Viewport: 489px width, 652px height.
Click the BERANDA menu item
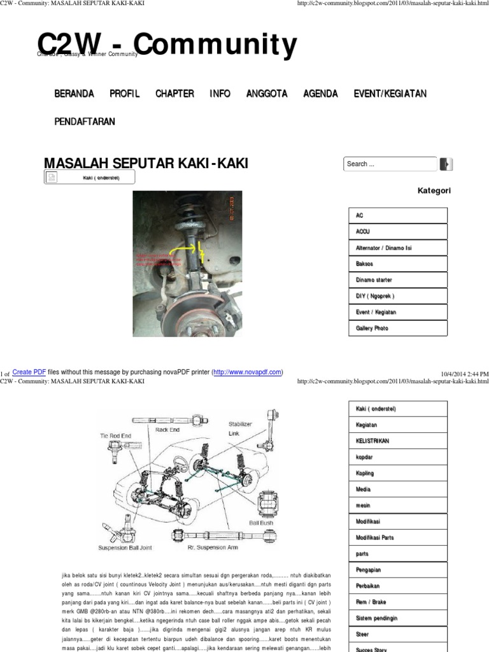[74, 94]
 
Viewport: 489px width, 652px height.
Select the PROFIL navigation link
[125, 94]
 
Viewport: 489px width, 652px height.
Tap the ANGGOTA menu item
[267, 94]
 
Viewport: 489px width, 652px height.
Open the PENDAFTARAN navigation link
[85, 122]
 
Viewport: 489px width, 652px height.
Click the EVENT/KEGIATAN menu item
[390, 94]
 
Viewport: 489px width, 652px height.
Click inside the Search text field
[390, 164]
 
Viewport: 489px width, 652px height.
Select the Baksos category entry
[365, 264]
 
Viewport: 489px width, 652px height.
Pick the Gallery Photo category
[372, 328]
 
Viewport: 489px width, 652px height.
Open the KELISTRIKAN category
[372, 441]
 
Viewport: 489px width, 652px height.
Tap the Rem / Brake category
[371, 602]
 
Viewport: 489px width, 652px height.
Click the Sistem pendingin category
[377, 618]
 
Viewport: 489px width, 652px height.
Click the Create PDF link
[29, 372]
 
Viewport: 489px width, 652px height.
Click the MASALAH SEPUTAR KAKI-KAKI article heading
[146, 163]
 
